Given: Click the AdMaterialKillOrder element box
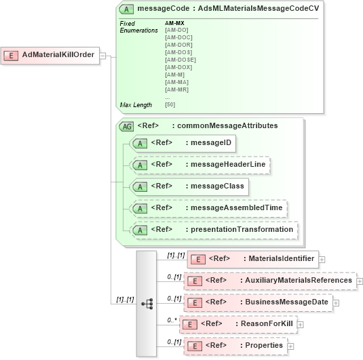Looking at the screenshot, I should [51, 55].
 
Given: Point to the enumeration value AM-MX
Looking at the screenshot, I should [174, 24].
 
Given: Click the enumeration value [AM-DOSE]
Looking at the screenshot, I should [180, 60].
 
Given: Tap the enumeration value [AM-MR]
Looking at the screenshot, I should [176, 89].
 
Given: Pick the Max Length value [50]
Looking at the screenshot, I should [170, 104].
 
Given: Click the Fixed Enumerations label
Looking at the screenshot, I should [138, 27].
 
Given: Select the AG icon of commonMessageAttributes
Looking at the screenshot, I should [126, 125].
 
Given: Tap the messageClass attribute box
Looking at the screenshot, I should [188, 186].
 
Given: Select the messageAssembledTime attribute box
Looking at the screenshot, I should [208, 208].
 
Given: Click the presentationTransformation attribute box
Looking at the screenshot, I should [214, 230].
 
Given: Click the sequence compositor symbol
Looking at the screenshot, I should [147, 304].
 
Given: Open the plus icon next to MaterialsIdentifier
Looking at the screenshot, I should [322, 259].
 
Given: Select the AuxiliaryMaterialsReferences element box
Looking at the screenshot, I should [270, 280].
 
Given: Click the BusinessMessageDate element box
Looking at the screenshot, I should [259, 302].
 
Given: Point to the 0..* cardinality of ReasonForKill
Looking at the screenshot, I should [173, 319].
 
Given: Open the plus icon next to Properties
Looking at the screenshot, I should [290, 346].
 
